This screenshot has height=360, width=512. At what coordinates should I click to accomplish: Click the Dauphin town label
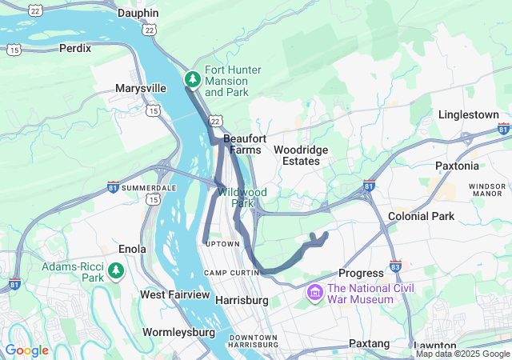click(x=138, y=14)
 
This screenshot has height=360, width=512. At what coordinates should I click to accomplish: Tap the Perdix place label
click(x=75, y=48)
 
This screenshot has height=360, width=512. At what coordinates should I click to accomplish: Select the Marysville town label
click(x=140, y=88)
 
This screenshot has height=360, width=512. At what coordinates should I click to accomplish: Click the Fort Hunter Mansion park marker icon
click(x=193, y=80)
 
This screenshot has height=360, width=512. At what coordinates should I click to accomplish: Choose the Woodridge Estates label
click(x=296, y=155)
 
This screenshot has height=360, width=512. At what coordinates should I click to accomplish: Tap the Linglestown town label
click(x=468, y=115)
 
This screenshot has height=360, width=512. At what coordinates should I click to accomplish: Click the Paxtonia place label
click(x=457, y=166)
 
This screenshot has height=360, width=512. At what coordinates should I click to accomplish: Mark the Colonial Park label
click(x=421, y=216)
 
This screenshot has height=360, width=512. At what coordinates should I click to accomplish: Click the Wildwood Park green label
click(x=242, y=198)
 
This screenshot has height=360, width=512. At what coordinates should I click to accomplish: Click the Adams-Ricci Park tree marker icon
click(x=116, y=272)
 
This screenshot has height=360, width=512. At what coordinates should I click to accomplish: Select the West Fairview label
click(x=174, y=294)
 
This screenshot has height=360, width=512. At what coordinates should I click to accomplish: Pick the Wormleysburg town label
click(x=178, y=331)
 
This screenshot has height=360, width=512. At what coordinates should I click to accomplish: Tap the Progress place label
click(x=362, y=274)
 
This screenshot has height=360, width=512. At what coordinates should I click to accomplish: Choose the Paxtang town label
click(x=369, y=343)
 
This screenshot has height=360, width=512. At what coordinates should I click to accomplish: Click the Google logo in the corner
click(x=27, y=350)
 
